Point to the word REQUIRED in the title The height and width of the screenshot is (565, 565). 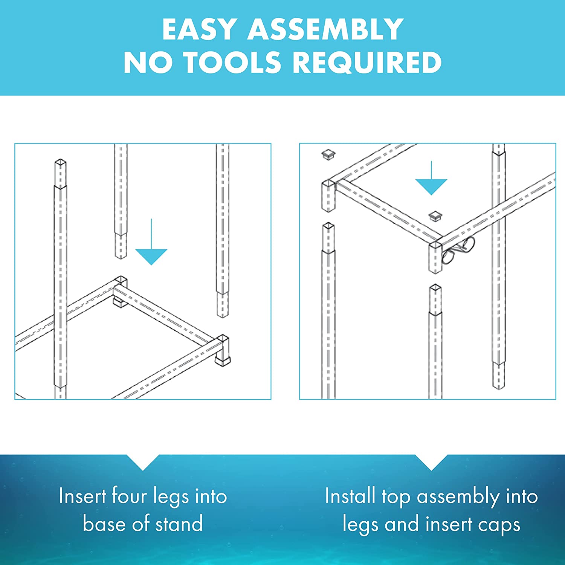pyautogui.click(x=367, y=62)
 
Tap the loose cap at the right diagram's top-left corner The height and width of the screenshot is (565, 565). pyautogui.click(x=328, y=154)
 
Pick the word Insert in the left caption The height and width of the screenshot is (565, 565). pyautogui.click(x=82, y=496)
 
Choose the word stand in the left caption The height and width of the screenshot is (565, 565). pyautogui.click(x=179, y=524)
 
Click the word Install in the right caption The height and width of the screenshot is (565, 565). pyautogui.click(x=350, y=496)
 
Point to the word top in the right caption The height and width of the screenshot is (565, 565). pyautogui.click(x=395, y=497)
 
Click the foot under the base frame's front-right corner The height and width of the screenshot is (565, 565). pyautogui.click(x=223, y=361)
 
